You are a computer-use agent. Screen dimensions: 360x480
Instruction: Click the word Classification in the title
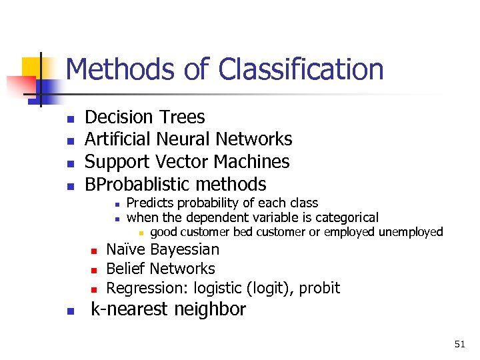pyautogui.click(x=301, y=70)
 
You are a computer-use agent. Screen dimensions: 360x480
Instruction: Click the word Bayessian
pyautogui.click(x=185, y=250)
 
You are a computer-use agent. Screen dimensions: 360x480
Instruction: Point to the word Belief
pyautogui.click(x=126, y=269)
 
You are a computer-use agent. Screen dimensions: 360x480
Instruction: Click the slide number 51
pyautogui.click(x=459, y=344)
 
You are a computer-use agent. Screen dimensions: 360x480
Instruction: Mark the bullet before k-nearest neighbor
pyautogui.click(x=69, y=311)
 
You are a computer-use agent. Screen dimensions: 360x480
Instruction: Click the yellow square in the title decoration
pyautogui.click(x=32, y=67)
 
